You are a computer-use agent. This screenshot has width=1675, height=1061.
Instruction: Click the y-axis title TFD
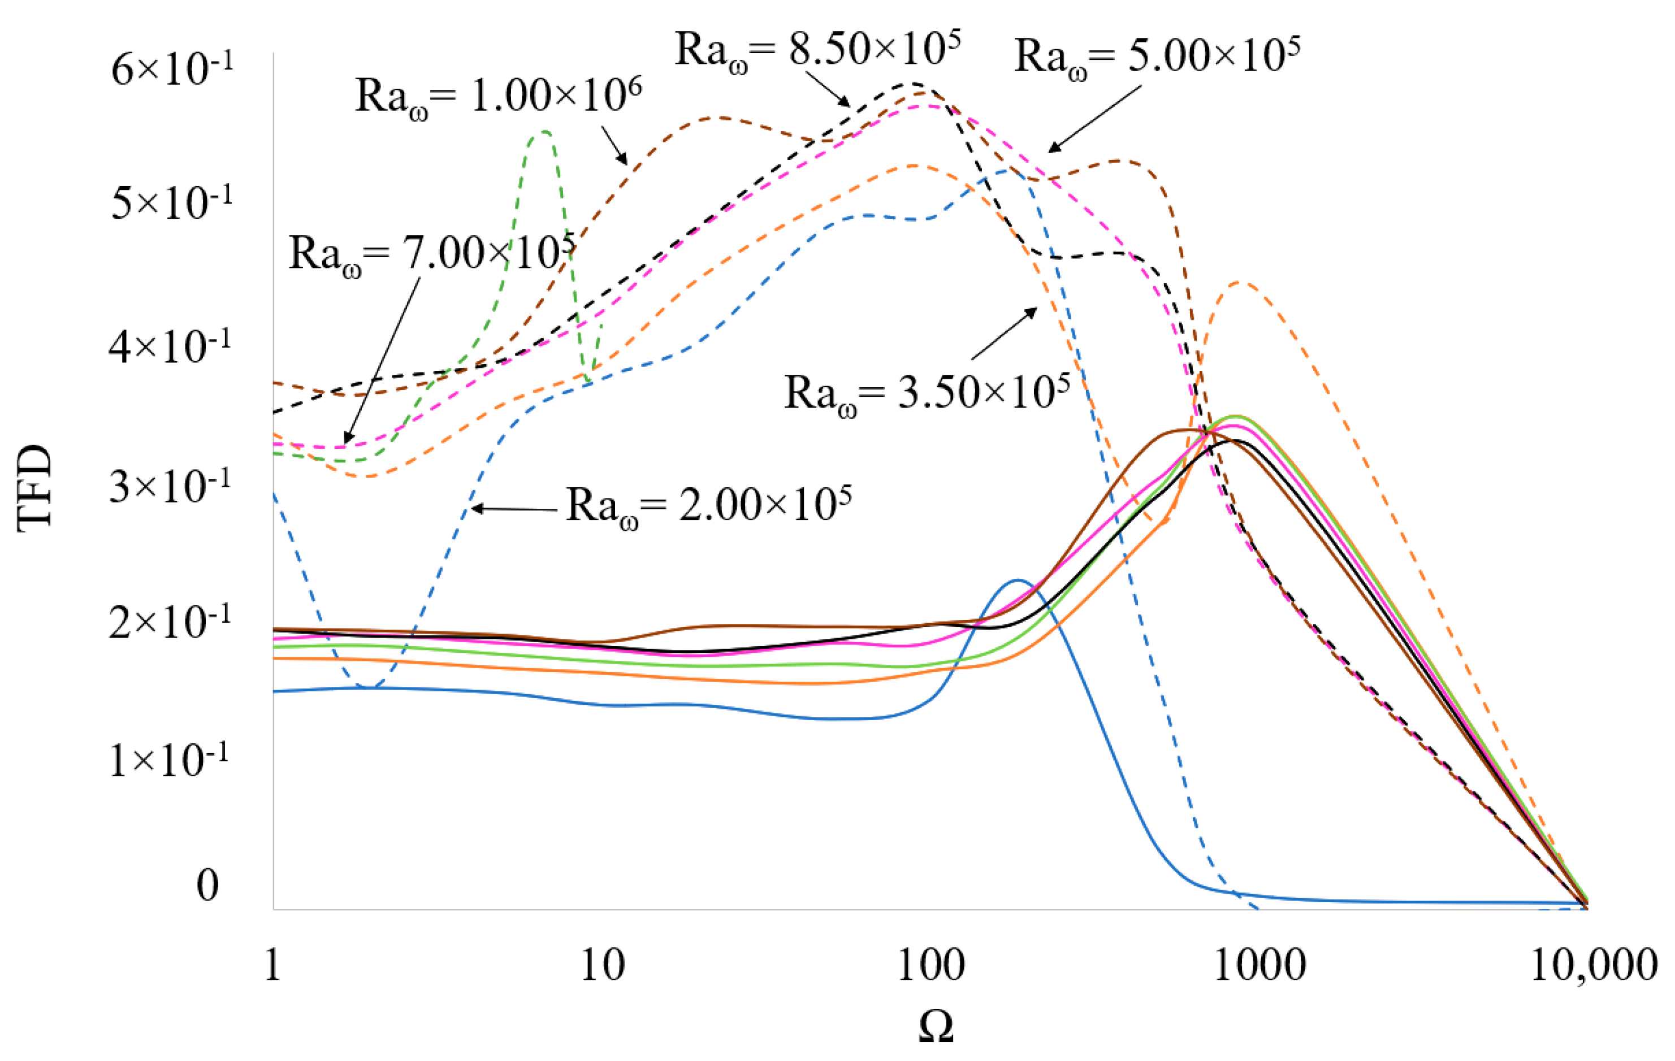pos(35,488)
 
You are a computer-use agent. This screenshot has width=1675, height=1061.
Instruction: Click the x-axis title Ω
pos(936,1025)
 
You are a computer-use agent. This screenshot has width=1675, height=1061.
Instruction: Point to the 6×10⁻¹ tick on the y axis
pos(172,70)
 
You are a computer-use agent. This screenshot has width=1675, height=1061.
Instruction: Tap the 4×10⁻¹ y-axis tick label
pos(170,346)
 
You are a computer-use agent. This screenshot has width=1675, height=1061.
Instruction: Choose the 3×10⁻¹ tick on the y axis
pos(170,486)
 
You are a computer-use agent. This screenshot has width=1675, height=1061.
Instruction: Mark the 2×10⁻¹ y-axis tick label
pos(170,621)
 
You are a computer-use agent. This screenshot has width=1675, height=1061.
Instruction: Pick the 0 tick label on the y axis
pos(207,885)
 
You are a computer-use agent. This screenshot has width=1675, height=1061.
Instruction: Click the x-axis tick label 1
pos(272,965)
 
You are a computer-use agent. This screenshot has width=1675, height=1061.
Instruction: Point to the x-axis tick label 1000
pos(1259,965)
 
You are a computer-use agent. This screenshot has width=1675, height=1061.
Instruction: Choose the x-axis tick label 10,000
pos(1593,965)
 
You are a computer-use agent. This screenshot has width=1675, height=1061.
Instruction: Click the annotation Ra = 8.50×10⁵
pos(817,50)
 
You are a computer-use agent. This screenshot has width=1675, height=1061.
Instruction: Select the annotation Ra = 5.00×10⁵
pos(1157,55)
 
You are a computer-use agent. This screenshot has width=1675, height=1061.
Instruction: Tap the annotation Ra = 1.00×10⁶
pos(498,96)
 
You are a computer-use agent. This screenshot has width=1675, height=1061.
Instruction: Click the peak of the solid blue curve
pos(1018,579)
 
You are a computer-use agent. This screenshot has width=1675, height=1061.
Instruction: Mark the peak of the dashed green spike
pos(544,131)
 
